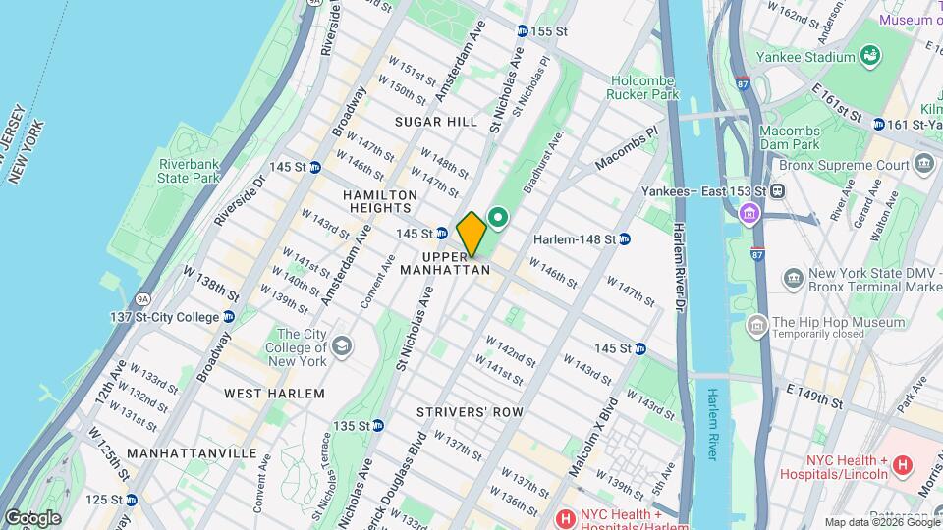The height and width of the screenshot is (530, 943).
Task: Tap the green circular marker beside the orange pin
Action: [x=498, y=218]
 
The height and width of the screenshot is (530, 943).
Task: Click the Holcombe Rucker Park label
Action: [x=644, y=88]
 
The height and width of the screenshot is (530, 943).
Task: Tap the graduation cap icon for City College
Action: [x=341, y=346]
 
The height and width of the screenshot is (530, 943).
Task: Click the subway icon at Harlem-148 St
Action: [x=624, y=238]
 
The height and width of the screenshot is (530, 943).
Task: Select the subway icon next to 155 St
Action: [x=522, y=31]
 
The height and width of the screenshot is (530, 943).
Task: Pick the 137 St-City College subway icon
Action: [x=228, y=316]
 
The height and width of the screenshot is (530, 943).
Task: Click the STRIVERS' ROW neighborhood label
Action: [x=469, y=412]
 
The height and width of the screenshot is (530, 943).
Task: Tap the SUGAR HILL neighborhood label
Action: [x=435, y=122]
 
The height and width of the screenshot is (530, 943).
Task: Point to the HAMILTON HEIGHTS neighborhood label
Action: [x=377, y=201]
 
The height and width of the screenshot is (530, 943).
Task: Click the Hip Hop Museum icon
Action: [x=756, y=324]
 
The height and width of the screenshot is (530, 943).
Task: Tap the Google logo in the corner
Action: [x=32, y=517]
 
